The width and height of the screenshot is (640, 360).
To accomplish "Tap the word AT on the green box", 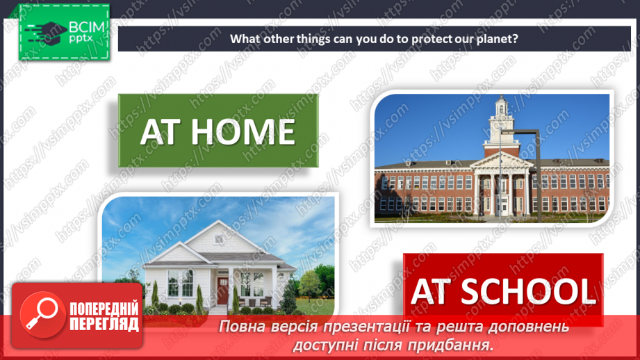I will coord(164,131).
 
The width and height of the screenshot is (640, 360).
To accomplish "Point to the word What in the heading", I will coord(245,39).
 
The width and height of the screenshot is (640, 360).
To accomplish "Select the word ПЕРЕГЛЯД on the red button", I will coord(104,324).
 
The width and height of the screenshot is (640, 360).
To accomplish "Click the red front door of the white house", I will coord(222,291).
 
